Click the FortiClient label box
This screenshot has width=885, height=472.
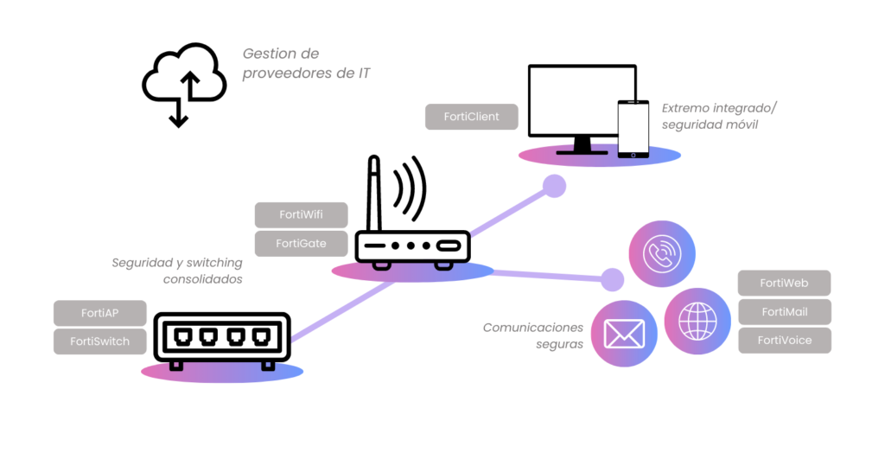click(x=472, y=117)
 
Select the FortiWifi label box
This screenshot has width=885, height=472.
click(x=301, y=214)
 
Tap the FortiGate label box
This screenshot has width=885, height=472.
click(x=301, y=243)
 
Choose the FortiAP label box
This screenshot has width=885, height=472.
click(x=100, y=313)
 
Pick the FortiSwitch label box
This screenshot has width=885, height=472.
click(x=100, y=341)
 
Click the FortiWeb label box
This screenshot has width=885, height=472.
click(x=784, y=283)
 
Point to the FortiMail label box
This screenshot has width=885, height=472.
click(x=784, y=311)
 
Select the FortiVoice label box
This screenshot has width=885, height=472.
click(x=784, y=340)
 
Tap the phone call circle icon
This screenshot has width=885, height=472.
click(x=662, y=253)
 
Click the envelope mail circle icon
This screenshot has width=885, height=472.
click(x=624, y=333)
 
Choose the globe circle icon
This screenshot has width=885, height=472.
click(x=697, y=321)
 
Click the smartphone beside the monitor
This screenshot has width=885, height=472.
click(x=633, y=129)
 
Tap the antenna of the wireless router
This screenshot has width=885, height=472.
click(x=374, y=195)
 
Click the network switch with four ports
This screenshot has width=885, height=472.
click(x=222, y=338)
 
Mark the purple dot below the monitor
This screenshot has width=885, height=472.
click(x=554, y=186)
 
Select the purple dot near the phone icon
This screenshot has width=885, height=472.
click(x=612, y=279)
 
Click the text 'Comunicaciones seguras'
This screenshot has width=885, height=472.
click(x=533, y=335)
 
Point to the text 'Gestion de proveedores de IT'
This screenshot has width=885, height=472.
click(x=306, y=64)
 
